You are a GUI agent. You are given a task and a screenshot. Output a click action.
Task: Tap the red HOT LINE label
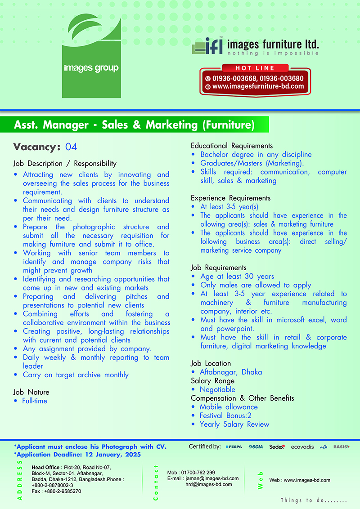click(255, 68)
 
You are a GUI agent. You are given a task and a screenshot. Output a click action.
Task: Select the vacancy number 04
click(71, 147)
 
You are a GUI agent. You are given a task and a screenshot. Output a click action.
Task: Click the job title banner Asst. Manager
click(134, 124)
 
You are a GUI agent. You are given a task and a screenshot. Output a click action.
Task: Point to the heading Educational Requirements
click(232, 146)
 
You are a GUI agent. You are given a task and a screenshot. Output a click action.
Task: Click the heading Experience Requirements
click(231, 198)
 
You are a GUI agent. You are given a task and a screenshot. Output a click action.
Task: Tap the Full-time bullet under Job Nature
click(34, 401)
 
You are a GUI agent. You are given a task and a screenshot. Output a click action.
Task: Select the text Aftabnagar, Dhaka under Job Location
click(231, 372)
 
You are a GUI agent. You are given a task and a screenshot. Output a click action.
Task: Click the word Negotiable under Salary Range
click(217, 389)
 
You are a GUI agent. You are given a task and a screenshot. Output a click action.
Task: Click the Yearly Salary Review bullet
click(234, 424)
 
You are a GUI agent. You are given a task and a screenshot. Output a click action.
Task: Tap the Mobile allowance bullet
click(229, 407)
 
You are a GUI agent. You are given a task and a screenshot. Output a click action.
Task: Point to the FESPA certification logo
click(234, 447)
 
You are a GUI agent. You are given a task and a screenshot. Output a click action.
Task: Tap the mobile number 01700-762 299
click(197, 473)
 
